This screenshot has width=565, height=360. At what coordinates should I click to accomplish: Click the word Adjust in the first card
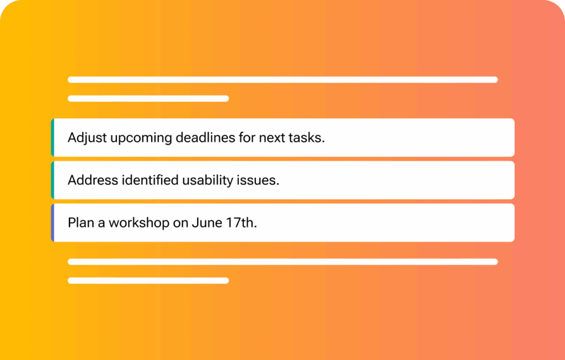click(87, 138)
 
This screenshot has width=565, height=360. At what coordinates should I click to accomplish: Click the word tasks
click(307, 137)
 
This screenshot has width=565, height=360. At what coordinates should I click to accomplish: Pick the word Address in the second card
click(93, 179)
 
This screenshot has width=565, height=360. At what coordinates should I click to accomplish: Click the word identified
click(150, 179)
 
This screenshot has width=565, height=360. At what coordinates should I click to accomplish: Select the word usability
click(207, 181)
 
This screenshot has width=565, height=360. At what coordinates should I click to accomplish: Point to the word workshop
click(139, 223)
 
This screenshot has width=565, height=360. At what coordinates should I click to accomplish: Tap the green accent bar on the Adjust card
click(52, 137)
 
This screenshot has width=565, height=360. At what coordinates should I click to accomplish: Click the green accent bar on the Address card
click(52, 180)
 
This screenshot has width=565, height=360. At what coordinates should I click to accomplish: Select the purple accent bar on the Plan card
click(52, 223)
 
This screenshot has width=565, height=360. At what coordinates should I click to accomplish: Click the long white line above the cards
click(283, 80)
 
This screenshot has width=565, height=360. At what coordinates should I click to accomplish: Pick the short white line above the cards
click(148, 98)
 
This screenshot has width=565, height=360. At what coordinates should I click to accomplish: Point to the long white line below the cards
click(283, 262)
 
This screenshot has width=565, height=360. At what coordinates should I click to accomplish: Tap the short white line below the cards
click(148, 280)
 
